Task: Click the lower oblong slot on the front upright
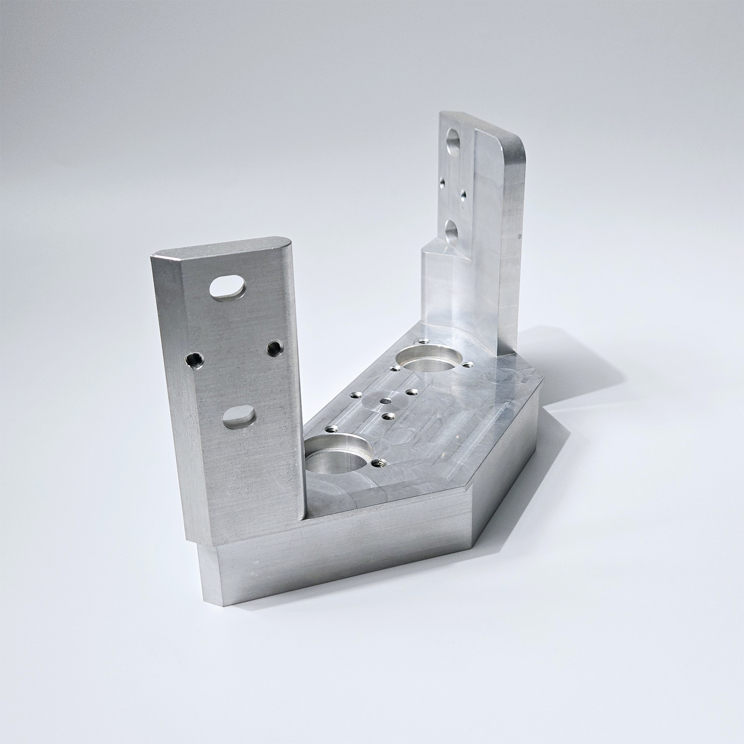(238, 417)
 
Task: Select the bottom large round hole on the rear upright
(452, 231)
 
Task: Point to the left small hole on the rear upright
(440, 184)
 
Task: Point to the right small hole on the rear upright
(464, 195)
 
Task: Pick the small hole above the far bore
(423, 341)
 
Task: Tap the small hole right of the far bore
(467, 366)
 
